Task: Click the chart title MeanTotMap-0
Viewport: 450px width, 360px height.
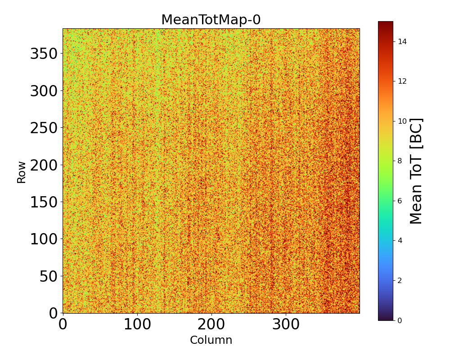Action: tap(211, 20)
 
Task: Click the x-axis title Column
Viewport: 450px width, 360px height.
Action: tap(211, 340)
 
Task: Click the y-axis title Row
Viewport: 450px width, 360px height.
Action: tap(22, 172)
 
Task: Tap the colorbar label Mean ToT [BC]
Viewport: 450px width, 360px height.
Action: tap(417, 171)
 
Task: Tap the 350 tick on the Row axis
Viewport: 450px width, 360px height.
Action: tap(44, 54)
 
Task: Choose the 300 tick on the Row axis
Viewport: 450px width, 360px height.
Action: tap(44, 91)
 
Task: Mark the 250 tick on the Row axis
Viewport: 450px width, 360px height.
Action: tap(44, 128)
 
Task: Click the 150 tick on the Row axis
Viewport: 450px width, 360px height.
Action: tap(44, 202)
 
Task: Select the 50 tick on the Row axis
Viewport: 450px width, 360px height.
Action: tap(49, 275)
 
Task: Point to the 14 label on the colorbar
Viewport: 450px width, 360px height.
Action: tap(402, 41)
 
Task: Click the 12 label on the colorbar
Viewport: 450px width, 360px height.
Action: tap(402, 81)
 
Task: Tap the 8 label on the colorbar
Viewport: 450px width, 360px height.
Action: tap(400, 161)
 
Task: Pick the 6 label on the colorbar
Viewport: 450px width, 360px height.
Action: tap(400, 201)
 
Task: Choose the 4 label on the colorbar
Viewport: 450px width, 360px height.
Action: tap(400, 240)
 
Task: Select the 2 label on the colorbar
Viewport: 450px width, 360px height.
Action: tap(400, 280)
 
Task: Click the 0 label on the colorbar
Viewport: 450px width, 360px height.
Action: tap(400, 320)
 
